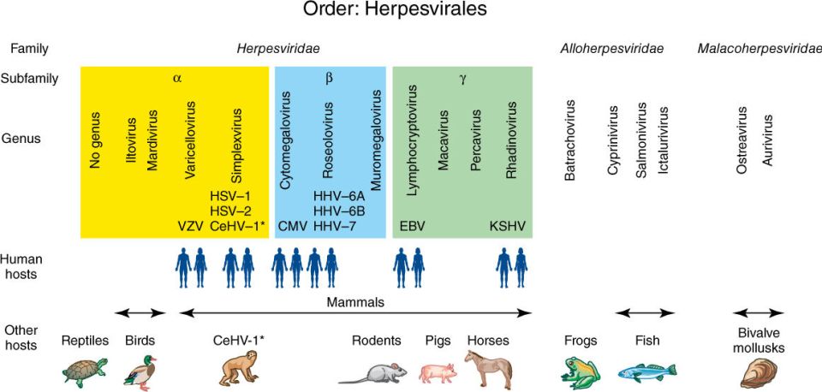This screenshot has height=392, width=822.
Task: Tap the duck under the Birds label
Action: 140,371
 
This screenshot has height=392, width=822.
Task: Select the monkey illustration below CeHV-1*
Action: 239,370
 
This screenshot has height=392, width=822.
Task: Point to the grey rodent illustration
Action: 372,374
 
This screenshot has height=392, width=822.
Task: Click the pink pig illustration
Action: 438,372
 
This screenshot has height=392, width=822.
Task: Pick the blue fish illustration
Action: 647,372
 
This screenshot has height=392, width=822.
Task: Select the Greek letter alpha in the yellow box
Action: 177,79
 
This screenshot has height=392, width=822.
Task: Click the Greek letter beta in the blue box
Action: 329,79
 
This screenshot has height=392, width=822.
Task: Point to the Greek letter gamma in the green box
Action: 463,79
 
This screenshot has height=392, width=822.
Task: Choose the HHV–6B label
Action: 339,211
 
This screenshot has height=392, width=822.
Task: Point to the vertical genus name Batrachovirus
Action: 570,140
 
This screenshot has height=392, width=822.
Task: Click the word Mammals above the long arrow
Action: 355,302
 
